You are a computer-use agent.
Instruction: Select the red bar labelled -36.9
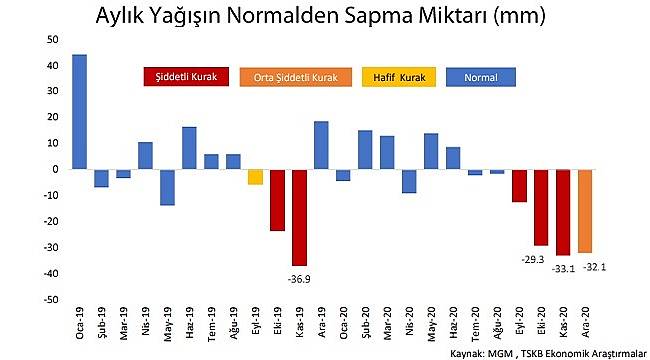[299, 217]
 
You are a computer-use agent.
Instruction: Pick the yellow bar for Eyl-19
[255, 176]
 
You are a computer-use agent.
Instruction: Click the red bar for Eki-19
[277, 200]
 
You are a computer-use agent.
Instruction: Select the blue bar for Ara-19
[321, 145]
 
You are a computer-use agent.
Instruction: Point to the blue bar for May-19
[167, 187]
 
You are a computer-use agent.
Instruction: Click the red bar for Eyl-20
[519, 185]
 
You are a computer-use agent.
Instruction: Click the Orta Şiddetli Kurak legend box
[296, 77]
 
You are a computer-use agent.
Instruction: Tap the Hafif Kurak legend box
[399, 77]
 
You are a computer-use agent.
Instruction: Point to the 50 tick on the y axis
[53, 39]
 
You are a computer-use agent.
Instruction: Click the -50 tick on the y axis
[51, 299]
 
